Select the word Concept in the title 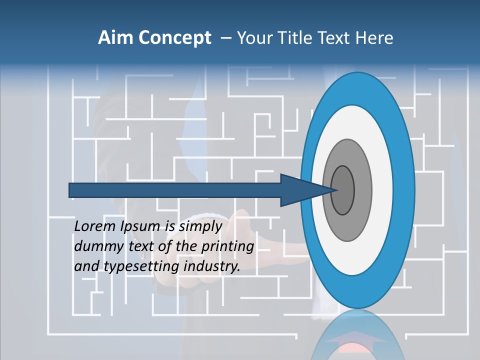coord(174,38)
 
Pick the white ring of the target coord(385,190)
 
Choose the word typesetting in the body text coord(141,267)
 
